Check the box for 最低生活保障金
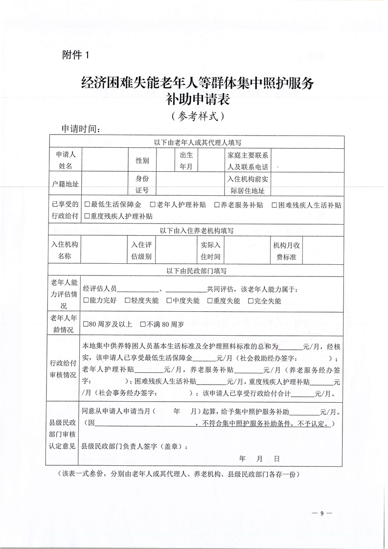(x=87, y=205)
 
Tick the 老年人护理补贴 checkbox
(x=153, y=205)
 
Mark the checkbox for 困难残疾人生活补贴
(x=274, y=205)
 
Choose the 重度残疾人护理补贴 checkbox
(x=87, y=215)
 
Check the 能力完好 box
(x=87, y=301)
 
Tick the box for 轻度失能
(x=128, y=301)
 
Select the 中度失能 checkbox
(x=169, y=301)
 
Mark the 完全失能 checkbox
(x=251, y=301)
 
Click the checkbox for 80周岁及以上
(x=87, y=324)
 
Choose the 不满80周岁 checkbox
(x=143, y=324)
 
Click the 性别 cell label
(x=142, y=160)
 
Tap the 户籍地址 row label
(x=66, y=184)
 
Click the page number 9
(x=322, y=513)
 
